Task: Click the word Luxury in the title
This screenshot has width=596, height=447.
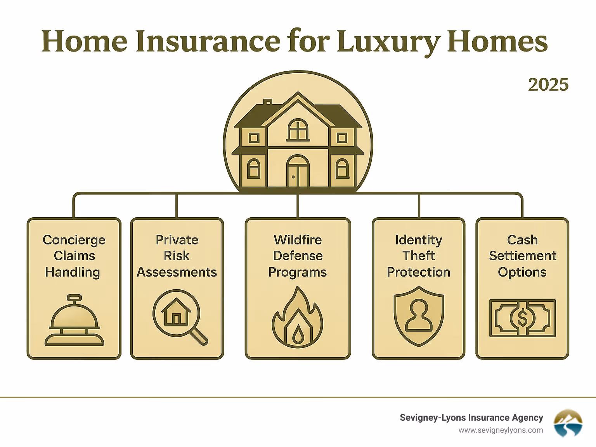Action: [388, 42]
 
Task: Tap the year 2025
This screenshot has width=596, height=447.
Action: [548, 85]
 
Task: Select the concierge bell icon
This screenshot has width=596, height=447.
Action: [74, 321]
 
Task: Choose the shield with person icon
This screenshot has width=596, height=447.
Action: [419, 316]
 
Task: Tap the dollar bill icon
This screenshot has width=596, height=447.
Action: [522, 318]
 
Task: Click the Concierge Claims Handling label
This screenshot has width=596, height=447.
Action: [74, 256]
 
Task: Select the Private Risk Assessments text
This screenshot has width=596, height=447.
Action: [177, 256]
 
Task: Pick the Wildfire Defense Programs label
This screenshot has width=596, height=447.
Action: [298, 256]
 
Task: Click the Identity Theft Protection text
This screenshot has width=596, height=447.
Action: [419, 256]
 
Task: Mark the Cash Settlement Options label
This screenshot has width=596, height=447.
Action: [522, 256]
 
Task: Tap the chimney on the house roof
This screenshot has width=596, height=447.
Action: [267, 102]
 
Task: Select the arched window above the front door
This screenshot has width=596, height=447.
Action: [298, 130]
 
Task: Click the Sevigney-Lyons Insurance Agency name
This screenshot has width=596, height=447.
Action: [471, 418]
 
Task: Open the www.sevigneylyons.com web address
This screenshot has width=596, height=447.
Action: [501, 430]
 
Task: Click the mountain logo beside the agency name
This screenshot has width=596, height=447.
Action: [568, 423]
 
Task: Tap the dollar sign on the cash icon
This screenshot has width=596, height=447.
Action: [522, 318]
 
